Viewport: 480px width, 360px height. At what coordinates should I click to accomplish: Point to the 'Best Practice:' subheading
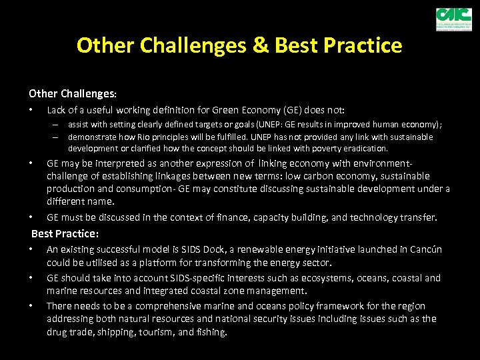65,234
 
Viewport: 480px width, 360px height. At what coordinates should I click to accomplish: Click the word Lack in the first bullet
56,110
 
